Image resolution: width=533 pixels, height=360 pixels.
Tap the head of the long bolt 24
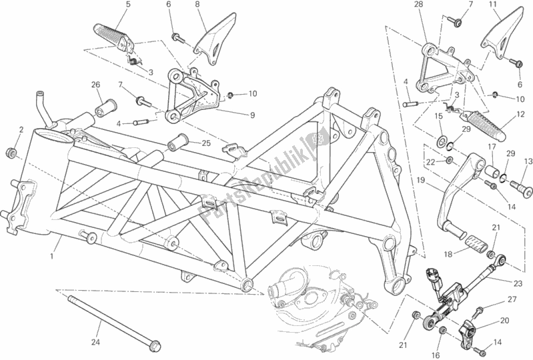[x=155, y=345]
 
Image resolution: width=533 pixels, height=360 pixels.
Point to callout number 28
[x=418, y=6]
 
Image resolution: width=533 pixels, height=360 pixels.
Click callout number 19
[x=422, y=179]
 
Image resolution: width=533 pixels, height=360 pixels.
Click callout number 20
[x=505, y=320]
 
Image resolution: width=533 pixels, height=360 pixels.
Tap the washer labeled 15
[x=441, y=142]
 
